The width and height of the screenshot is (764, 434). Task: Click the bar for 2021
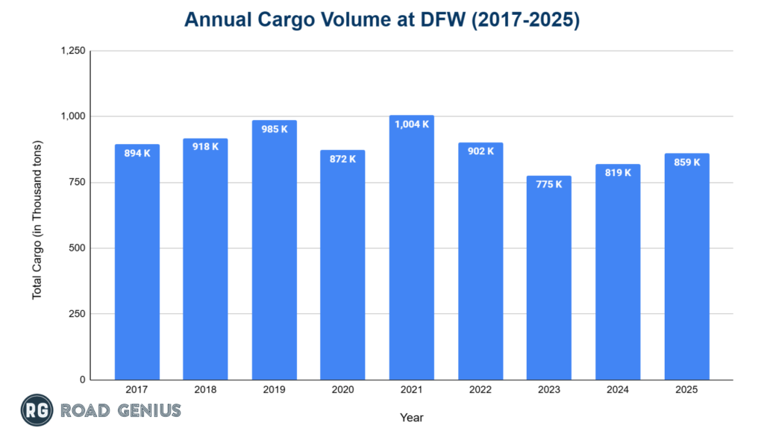[411, 254]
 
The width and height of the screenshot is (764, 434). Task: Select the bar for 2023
[548, 283]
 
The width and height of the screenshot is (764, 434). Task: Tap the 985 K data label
[274, 129]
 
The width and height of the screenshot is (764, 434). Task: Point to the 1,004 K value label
[411, 124]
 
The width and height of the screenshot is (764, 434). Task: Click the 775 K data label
[548, 184]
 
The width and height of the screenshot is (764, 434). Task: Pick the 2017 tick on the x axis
[137, 389]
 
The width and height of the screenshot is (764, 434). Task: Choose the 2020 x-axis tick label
[342, 389]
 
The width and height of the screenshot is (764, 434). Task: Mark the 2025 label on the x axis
[686, 389]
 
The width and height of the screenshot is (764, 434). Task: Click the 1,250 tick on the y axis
[73, 51]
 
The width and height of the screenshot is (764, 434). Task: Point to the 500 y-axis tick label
[78, 248]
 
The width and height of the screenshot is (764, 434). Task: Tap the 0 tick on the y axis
[83, 380]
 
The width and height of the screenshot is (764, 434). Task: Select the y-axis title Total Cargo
[37, 220]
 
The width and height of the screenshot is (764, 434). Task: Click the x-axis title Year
[411, 418]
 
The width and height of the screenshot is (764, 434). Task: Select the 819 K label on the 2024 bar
[618, 172]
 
